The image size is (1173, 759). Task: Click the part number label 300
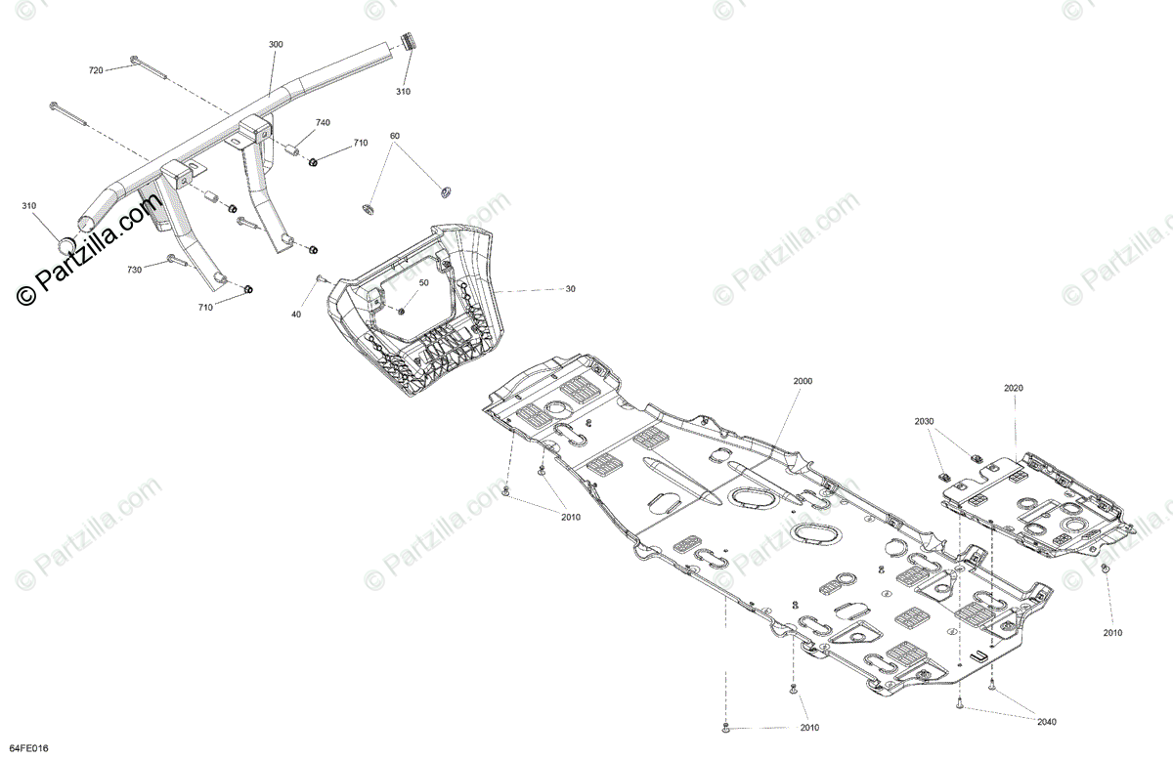[x=276, y=45]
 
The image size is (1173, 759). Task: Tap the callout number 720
[x=95, y=70]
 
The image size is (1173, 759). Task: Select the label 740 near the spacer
[x=323, y=123]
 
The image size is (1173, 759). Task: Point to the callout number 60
[x=395, y=136]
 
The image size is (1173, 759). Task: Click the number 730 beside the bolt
[x=134, y=269]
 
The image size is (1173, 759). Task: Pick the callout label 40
[x=296, y=314]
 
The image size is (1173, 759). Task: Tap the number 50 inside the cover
[x=423, y=282]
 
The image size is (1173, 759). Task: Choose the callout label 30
[x=570, y=289]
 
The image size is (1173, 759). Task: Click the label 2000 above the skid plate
[x=803, y=380]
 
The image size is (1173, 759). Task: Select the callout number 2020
[x=1013, y=388]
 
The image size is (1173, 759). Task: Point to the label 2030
[x=925, y=421]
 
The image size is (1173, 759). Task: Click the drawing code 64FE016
[x=25, y=748]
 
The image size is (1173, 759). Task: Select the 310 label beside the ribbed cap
[x=403, y=91]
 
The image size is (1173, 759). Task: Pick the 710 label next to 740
[x=360, y=143]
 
